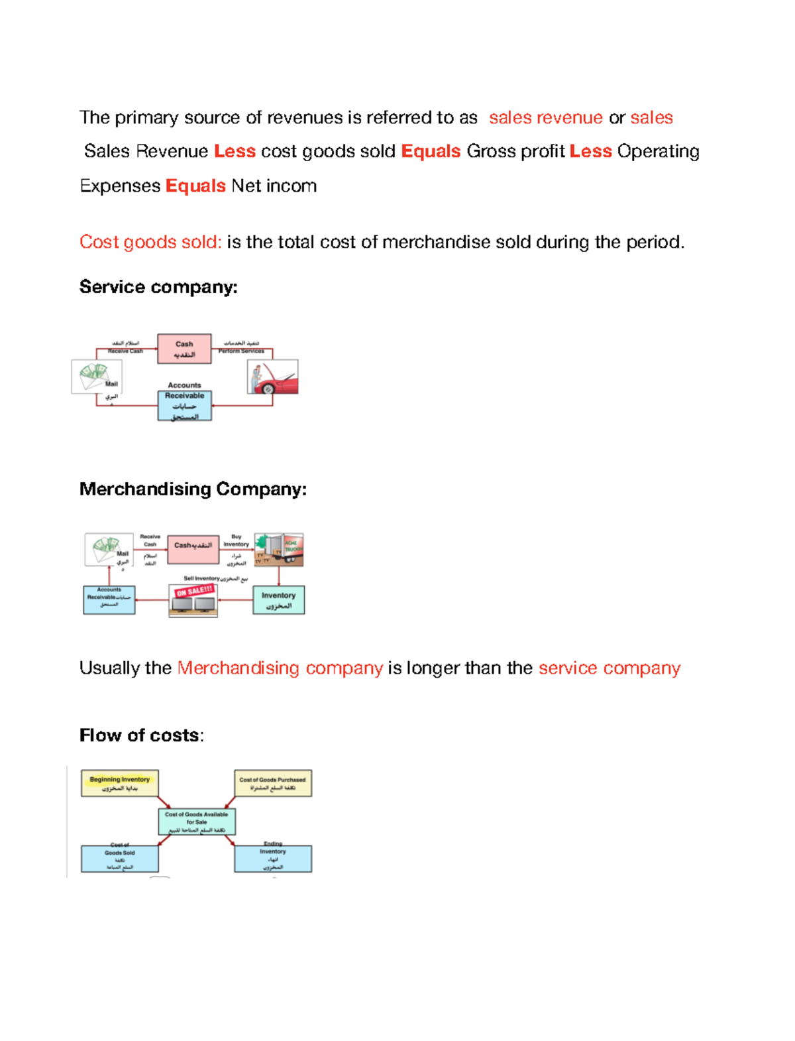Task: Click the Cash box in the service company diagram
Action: pyautogui.click(x=184, y=349)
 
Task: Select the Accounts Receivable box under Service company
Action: pyautogui.click(x=185, y=405)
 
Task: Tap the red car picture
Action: pyautogui.click(x=272, y=377)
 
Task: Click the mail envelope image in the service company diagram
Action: pyautogui.click(x=96, y=377)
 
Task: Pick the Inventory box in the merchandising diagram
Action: pyautogui.click(x=278, y=600)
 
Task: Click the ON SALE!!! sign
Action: pyautogui.click(x=194, y=591)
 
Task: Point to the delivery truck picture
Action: pyautogui.click(x=279, y=550)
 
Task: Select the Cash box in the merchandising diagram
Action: pyautogui.click(x=193, y=549)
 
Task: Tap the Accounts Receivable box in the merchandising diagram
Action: pyautogui.click(x=109, y=599)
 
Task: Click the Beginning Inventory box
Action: pyautogui.click(x=120, y=783)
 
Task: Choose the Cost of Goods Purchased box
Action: pyautogui.click(x=272, y=783)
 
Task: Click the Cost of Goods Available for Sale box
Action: pyautogui.click(x=197, y=822)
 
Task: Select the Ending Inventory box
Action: pyautogui.click(x=273, y=859)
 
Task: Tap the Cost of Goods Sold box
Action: pyautogui.click(x=120, y=859)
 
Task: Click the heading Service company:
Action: pyautogui.click(x=158, y=287)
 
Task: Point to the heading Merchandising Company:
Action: pyautogui.click(x=193, y=489)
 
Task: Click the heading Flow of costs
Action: pyautogui.click(x=141, y=735)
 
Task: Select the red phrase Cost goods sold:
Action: pyautogui.click(x=150, y=242)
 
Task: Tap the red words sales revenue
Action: pyautogui.click(x=546, y=118)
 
